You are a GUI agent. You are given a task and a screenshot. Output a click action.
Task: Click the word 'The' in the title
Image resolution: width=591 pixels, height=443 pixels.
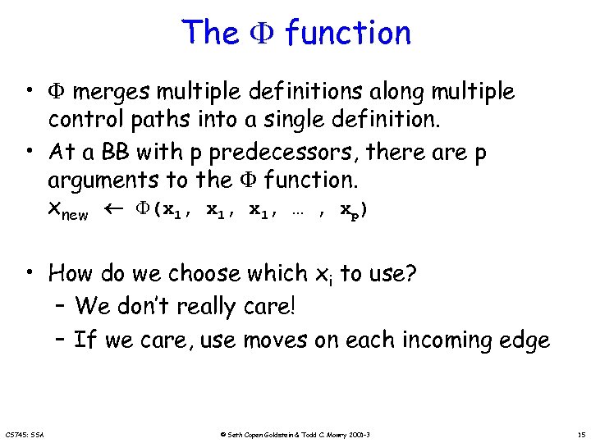(x=209, y=33)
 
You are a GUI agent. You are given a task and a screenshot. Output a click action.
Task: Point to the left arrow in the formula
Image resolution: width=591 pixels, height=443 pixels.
(x=109, y=210)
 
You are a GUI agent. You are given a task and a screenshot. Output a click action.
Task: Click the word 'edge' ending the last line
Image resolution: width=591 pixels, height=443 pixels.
(x=521, y=340)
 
